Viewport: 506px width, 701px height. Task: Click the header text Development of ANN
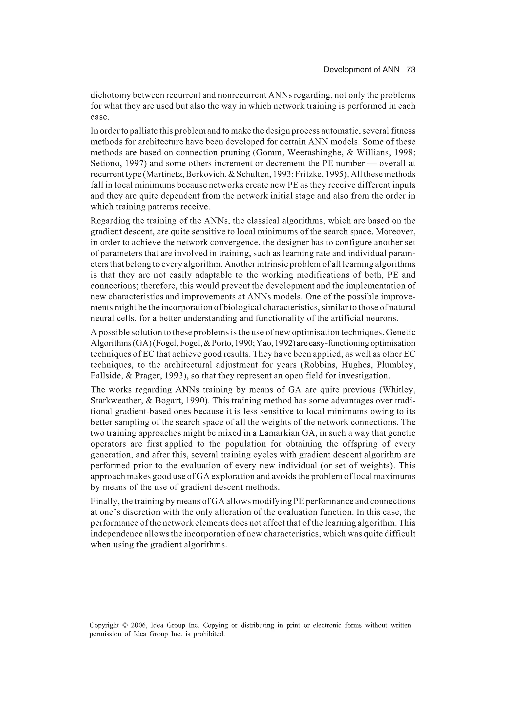coord(361,70)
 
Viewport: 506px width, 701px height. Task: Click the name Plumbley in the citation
coord(399,365)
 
